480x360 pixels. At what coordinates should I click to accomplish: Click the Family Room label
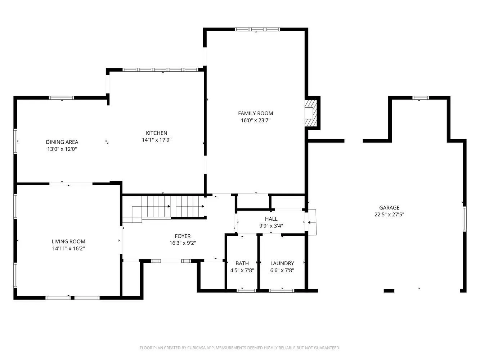click(x=255, y=113)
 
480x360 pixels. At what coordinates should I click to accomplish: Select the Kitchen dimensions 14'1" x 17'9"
click(x=156, y=140)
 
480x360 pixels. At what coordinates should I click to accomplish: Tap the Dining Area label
click(x=62, y=142)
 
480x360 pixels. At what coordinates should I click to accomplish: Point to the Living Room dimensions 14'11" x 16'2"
click(x=68, y=248)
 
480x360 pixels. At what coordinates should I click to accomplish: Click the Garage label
click(x=389, y=208)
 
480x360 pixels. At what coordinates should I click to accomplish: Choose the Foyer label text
click(x=183, y=236)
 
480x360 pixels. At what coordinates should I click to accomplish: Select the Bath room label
click(x=242, y=264)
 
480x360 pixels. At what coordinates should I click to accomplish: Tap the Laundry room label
click(x=282, y=264)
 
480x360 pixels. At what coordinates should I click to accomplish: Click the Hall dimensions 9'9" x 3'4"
click(x=271, y=226)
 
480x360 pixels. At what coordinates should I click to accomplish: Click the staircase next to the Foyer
click(x=164, y=208)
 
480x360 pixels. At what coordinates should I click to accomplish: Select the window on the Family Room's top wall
click(x=257, y=30)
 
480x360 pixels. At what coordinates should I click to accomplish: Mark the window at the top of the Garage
click(x=421, y=98)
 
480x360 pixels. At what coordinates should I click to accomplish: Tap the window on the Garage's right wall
click(x=465, y=219)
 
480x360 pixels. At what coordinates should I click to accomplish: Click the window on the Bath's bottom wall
click(x=246, y=290)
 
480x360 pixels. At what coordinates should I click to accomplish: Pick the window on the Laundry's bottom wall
click(x=282, y=290)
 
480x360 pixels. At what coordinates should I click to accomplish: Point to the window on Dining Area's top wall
click(x=62, y=98)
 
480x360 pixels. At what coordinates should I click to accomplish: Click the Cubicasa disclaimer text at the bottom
click(x=239, y=348)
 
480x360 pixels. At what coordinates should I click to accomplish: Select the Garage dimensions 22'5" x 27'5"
click(x=389, y=215)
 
